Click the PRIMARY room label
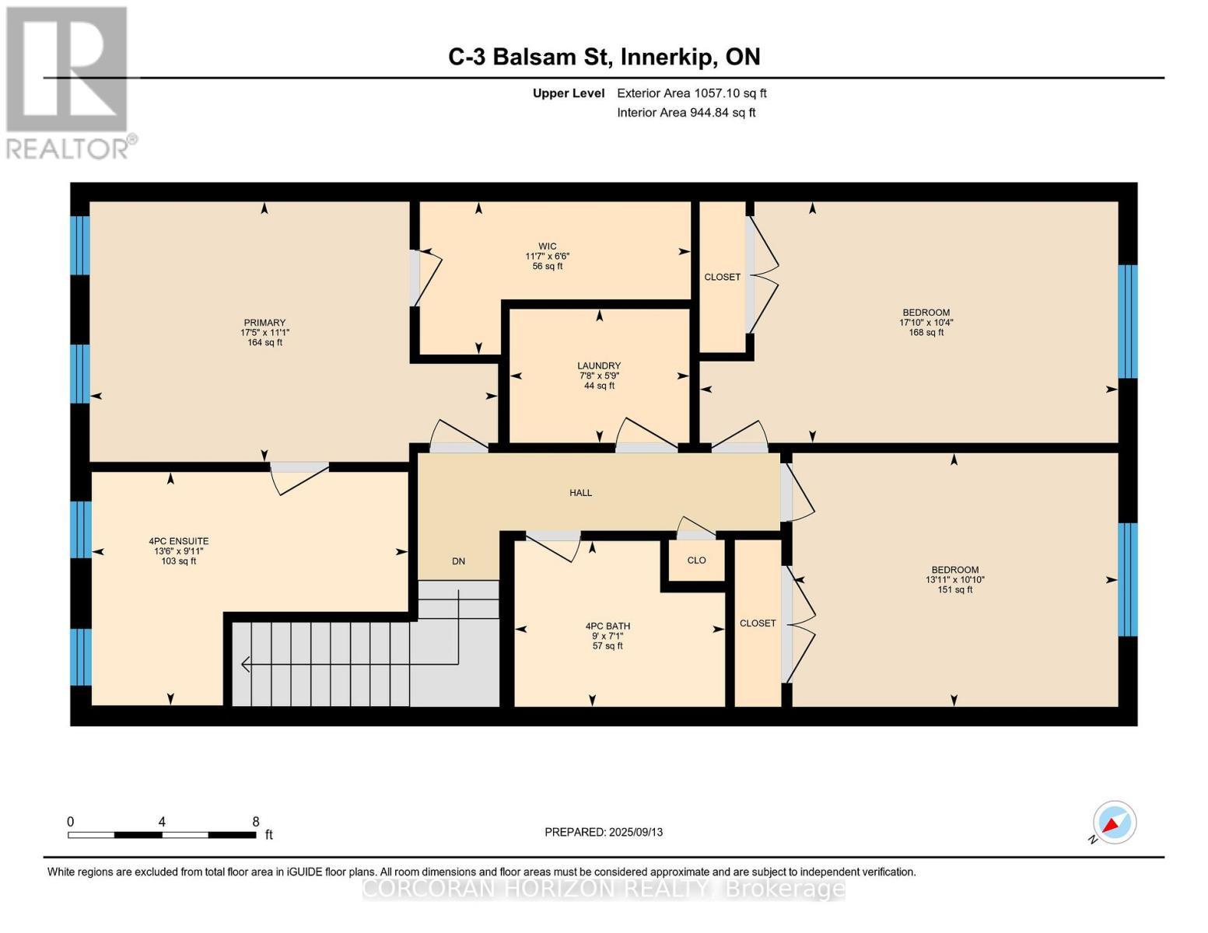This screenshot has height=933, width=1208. coord(264,323)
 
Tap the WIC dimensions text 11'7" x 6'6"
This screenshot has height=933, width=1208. coord(548,256)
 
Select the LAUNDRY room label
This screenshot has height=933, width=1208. coord(598,365)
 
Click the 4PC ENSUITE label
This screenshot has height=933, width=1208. coord(178,541)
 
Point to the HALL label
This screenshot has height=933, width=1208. coord(580,492)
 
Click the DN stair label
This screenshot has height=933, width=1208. coord(458,561)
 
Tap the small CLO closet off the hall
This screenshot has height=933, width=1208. coord(696,560)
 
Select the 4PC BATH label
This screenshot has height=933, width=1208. coord(608,626)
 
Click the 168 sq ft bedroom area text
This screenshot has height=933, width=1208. coord(926,333)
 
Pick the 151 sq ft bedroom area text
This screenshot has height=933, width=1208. coord(954,589)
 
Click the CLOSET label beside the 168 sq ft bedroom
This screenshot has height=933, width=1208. coord(722,277)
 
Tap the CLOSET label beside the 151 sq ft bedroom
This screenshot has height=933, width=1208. coord(758,623)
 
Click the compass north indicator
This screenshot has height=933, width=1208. coord(1114,823)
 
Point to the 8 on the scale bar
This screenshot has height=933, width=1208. coord(255,821)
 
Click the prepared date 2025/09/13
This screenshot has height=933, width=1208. coord(604,832)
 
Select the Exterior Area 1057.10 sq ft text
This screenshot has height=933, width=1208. coord(692,93)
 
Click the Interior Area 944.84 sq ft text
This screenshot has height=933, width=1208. coord(686,113)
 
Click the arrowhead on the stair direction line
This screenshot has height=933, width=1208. coord(246,665)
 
